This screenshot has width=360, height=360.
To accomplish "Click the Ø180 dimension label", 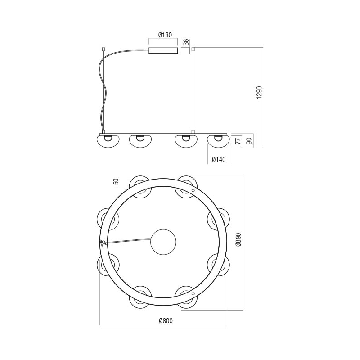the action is click(x=165, y=35).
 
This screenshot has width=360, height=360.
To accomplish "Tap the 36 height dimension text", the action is click(x=187, y=42).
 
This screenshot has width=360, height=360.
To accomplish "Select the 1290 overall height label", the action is click(x=259, y=93).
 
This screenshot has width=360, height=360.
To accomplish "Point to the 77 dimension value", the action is click(x=239, y=140).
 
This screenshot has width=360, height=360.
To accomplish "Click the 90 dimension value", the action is click(x=250, y=140).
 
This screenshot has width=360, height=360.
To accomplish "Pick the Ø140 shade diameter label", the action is click(x=219, y=159).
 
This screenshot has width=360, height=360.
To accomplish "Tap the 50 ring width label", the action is click(x=117, y=182).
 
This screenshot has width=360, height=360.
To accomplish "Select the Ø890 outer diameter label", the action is click(x=239, y=240).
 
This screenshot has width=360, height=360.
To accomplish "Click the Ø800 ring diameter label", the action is click(x=166, y=320).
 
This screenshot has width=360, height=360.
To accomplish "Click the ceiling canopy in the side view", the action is click(x=163, y=50).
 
